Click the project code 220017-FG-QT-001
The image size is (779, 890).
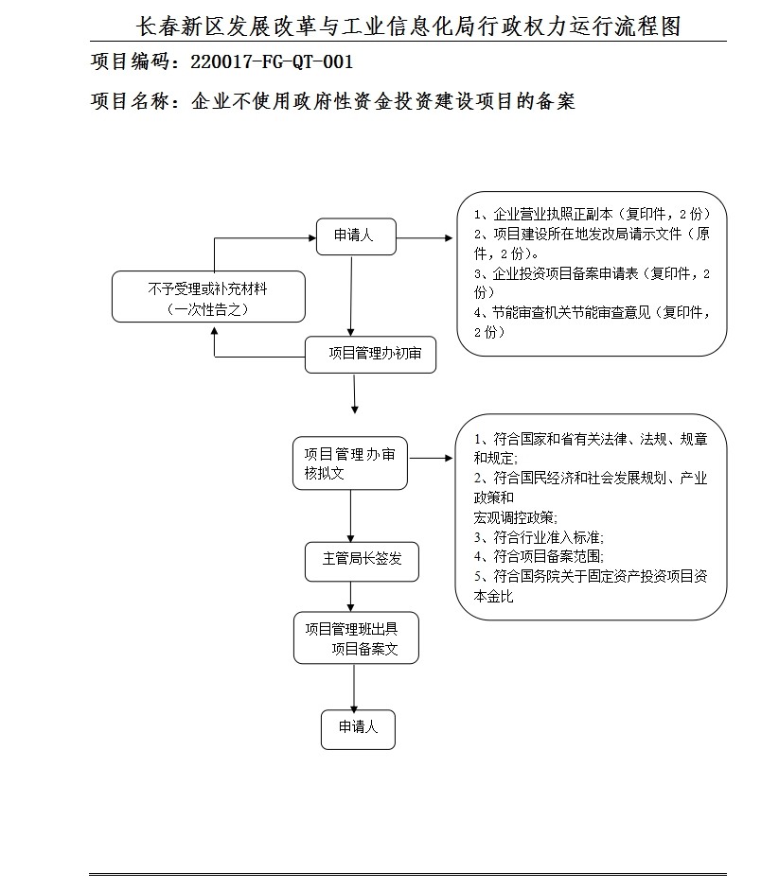point(272,63)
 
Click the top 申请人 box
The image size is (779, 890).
point(356,236)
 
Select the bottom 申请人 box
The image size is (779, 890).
point(357,728)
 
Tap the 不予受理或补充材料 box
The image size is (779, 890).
point(209,298)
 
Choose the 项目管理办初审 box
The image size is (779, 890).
point(371,355)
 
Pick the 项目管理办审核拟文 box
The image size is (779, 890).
point(350,463)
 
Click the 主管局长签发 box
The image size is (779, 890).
point(362,559)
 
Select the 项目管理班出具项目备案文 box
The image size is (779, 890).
point(356,638)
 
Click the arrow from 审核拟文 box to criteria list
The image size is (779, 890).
point(432,459)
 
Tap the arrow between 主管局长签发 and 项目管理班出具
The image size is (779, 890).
point(352,597)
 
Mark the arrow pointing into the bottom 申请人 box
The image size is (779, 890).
point(354,689)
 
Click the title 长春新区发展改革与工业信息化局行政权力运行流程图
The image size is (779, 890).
point(409,26)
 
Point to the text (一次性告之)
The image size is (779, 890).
point(207,308)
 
